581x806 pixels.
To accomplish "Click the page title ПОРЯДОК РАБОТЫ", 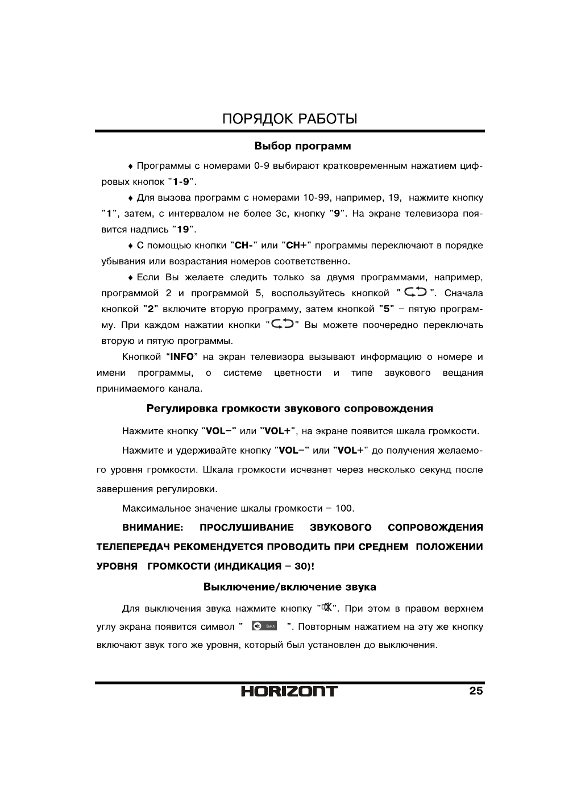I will [x=290, y=119].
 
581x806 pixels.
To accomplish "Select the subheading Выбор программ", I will [x=302, y=147].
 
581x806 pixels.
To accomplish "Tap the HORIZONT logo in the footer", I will [x=289, y=691].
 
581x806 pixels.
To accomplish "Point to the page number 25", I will [x=476, y=691].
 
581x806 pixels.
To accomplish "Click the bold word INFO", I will [x=182, y=357].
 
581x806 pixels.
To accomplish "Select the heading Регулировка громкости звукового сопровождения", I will [x=290, y=409].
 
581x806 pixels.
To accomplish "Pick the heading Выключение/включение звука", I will [x=290, y=587].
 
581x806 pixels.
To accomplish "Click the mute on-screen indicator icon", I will [x=264, y=626].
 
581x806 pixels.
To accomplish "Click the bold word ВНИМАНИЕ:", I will [x=152, y=527].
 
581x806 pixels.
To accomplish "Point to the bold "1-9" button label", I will [x=181, y=182].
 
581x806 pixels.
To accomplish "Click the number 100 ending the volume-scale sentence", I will [x=343, y=508].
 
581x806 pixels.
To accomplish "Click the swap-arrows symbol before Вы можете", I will [x=282, y=325].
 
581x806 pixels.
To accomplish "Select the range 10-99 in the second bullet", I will [x=317, y=198].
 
